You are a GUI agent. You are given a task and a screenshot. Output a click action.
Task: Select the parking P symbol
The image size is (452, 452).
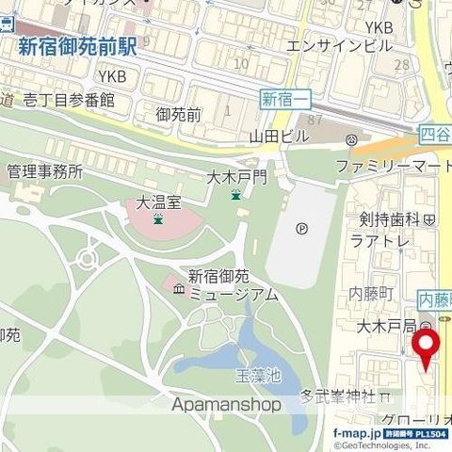point(301,227)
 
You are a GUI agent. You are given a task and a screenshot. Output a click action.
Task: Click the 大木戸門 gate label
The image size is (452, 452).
point(237,176)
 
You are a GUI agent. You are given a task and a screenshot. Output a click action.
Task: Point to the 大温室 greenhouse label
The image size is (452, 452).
point(156,202)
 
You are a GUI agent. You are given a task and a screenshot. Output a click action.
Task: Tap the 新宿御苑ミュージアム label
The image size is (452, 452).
point(232,285)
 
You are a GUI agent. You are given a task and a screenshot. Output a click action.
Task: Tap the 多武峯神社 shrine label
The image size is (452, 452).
point(338,395)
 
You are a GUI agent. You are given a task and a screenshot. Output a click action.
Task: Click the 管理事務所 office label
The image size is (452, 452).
point(44,171)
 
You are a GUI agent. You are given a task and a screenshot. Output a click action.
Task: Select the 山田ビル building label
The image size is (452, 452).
point(279,137)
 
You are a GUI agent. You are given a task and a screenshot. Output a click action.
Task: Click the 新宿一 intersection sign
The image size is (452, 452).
point(281,98)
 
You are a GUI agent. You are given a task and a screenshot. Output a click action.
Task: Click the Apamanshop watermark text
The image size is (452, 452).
point(227,404)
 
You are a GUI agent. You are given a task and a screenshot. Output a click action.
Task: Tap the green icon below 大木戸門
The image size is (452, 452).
point(235,194)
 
